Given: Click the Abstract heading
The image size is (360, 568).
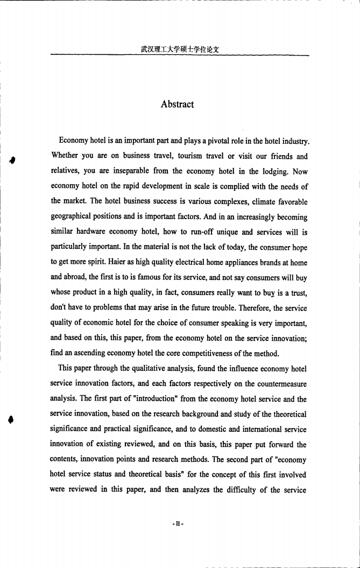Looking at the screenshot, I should click(177, 104).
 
